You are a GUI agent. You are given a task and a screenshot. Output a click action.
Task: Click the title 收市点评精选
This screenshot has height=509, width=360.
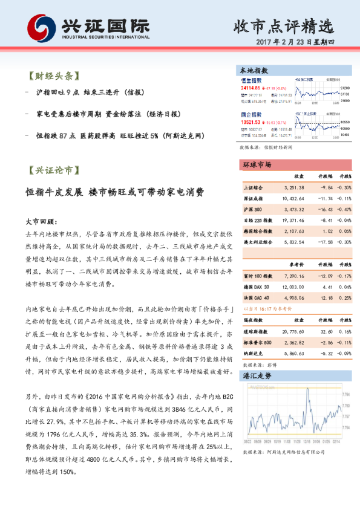(x=283, y=27)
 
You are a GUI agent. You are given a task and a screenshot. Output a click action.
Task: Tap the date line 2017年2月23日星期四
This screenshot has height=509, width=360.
(x=299, y=44)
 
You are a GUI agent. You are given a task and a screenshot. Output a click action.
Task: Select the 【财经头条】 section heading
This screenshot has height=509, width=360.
(x=54, y=77)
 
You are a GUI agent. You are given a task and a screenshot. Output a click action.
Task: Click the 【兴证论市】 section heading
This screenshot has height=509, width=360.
(x=54, y=170)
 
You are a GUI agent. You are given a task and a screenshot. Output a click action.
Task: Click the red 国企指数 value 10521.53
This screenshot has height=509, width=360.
(x=253, y=120)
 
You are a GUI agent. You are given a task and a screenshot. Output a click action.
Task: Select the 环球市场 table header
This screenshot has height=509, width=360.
(x=257, y=164)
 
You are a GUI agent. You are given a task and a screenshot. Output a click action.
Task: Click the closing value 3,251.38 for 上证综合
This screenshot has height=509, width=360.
(x=293, y=187)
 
